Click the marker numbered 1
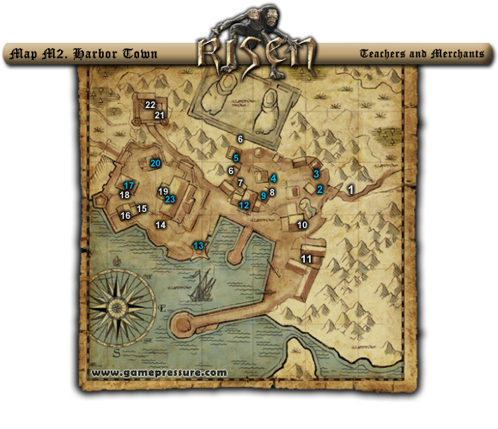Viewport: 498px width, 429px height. pos(350,187)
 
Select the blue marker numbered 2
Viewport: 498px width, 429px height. pos(319,190)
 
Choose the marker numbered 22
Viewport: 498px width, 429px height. pos(150,105)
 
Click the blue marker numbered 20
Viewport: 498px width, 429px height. pos(155,163)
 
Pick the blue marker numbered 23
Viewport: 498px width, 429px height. pos(170,199)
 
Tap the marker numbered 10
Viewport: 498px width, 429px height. pos(301,225)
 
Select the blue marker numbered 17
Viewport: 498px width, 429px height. pos(128,185)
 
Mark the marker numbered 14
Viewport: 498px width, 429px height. pos(160,225)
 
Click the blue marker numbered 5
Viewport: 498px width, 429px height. pos(235,158)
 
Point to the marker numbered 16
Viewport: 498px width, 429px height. pos(125,215)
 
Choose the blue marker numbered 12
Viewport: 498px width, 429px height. pos(244,205)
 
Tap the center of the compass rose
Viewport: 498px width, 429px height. pos(118,307)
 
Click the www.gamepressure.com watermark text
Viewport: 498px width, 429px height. pos(158,373)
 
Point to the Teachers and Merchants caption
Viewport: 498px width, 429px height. pos(422,54)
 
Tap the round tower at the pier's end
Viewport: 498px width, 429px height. pos(183,324)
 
